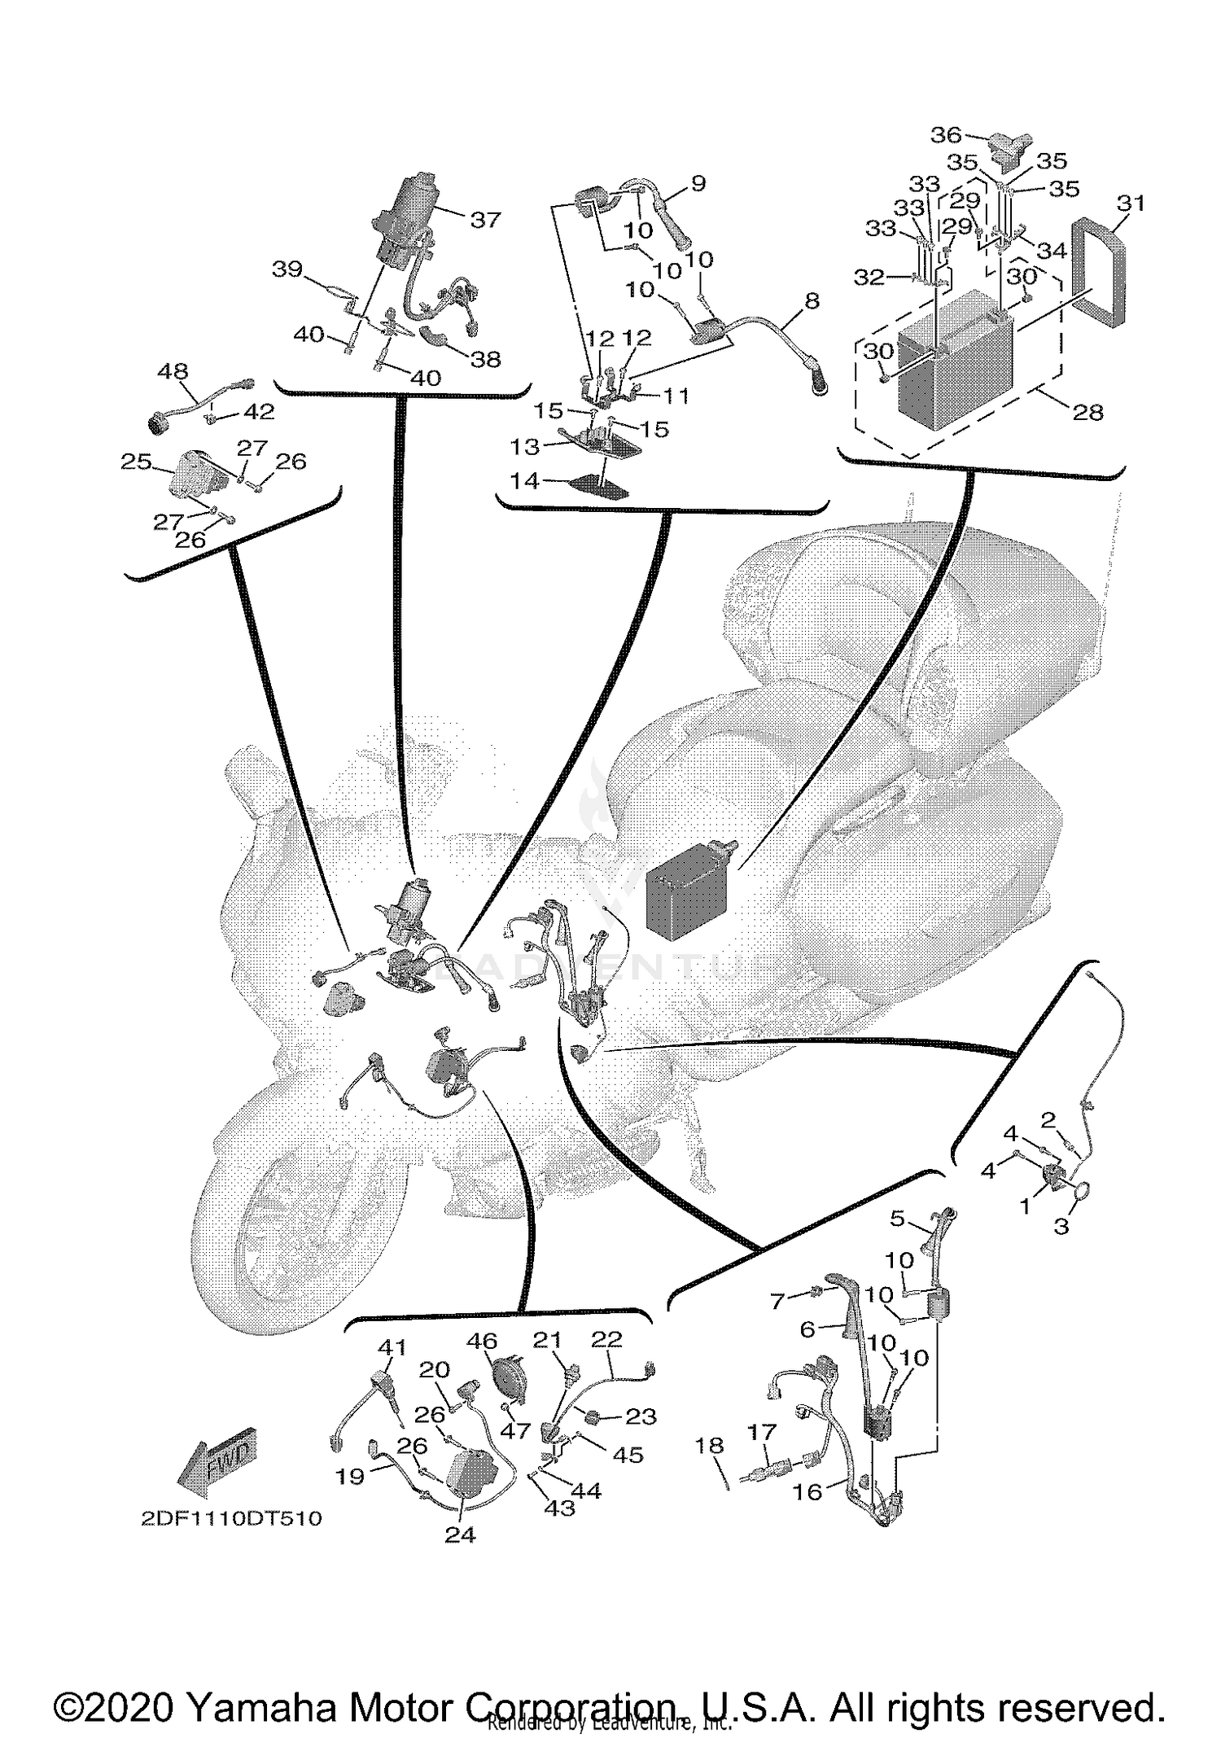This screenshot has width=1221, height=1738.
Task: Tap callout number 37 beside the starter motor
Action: coord(485,219)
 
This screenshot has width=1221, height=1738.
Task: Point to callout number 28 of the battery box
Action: coord(1088,413)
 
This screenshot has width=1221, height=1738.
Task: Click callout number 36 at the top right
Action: coord(946,135)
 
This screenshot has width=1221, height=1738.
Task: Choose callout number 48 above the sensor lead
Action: coord(173,372)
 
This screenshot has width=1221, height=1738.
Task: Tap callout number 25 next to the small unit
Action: coord(136,462)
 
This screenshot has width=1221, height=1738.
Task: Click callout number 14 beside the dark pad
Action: coord(524,481)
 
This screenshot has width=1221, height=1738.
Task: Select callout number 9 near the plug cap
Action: coord(698,183)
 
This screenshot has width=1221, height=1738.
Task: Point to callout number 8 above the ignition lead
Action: coord(811,301)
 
